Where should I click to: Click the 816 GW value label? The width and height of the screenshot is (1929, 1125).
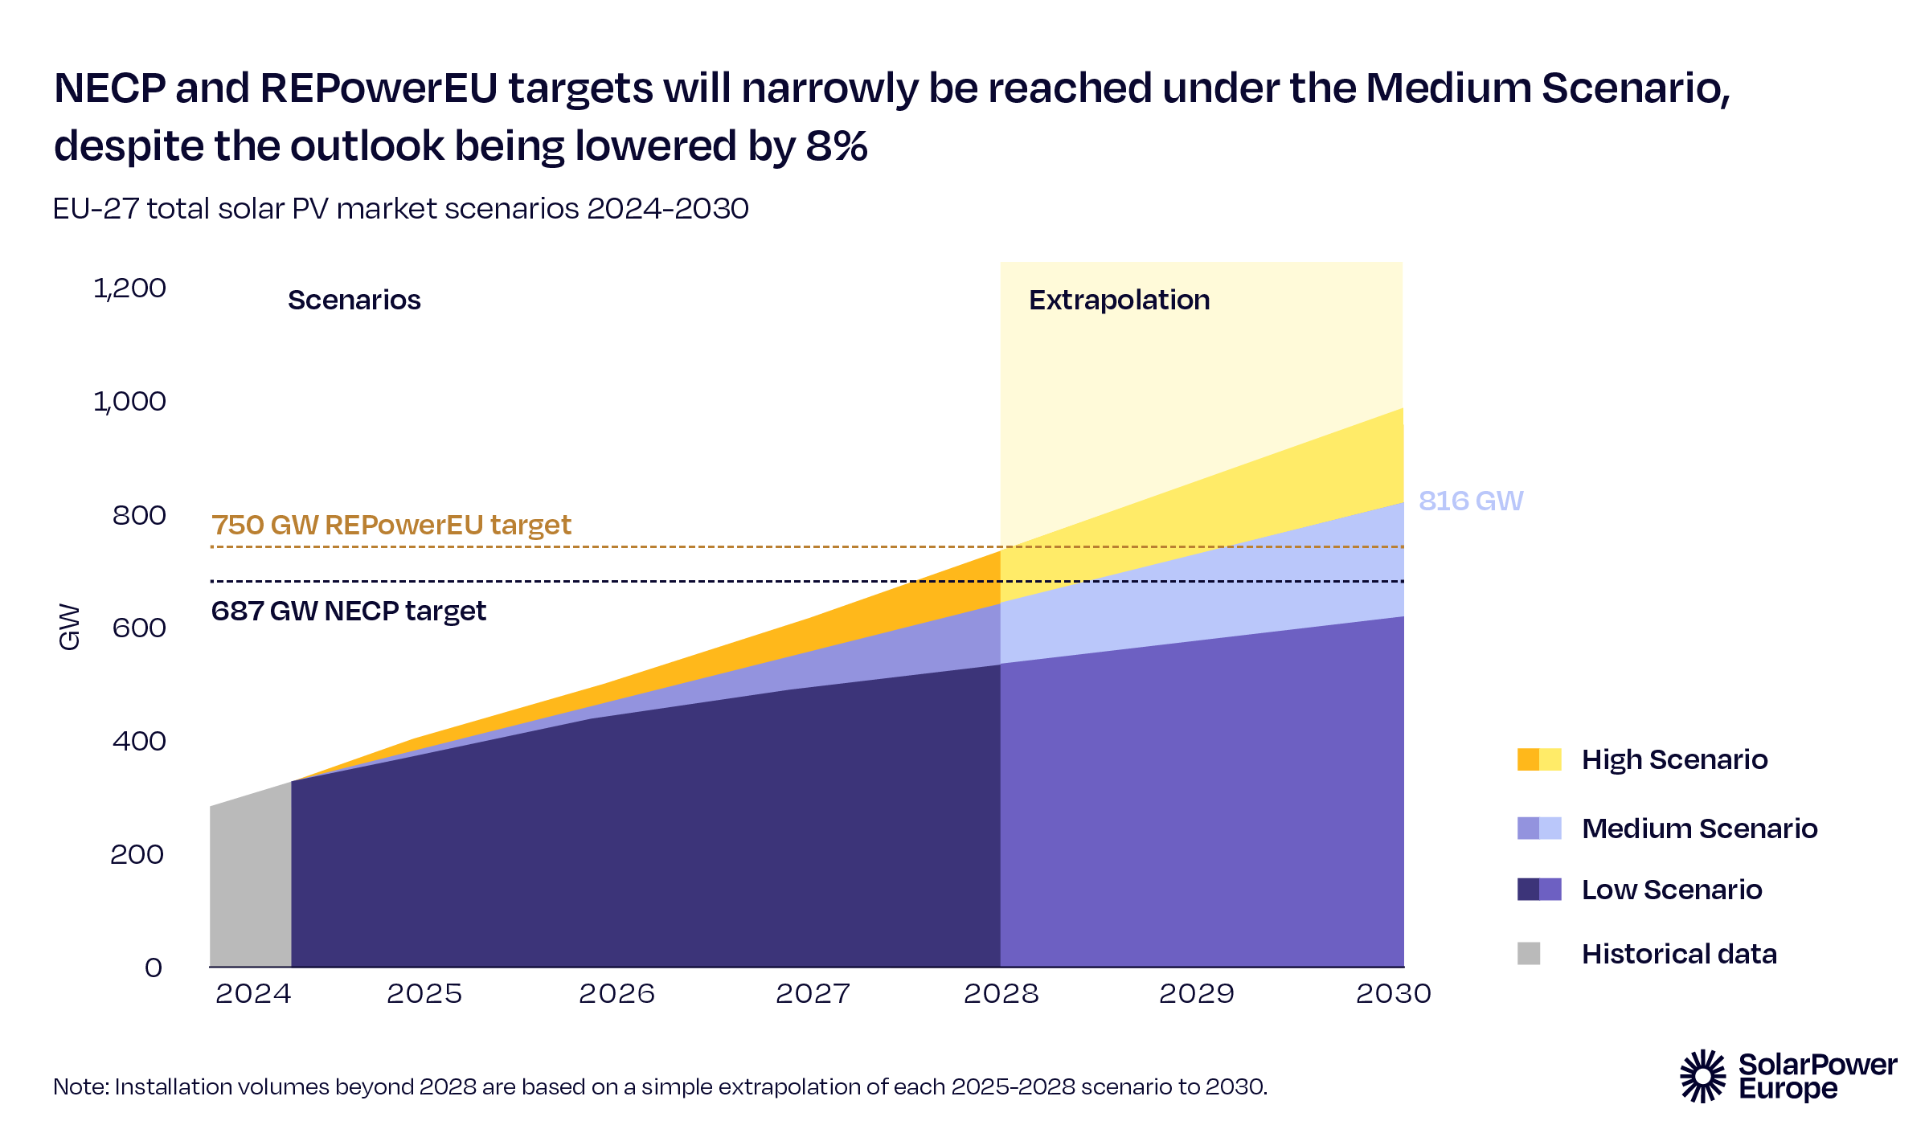point(1470,501)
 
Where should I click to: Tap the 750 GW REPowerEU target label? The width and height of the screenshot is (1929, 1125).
point(391,525)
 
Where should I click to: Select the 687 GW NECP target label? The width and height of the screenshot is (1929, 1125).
point(348,611)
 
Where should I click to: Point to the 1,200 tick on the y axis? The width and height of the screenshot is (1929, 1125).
point(130,288)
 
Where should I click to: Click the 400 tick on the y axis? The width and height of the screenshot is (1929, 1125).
point(139,740)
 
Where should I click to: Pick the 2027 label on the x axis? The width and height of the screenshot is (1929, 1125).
point(813,994)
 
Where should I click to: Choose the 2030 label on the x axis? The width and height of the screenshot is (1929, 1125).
point(1393,994)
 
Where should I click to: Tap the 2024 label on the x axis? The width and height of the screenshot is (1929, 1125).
point(253,994)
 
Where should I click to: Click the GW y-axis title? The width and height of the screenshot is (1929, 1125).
point(70,627)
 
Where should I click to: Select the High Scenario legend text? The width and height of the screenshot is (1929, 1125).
point(1674,759)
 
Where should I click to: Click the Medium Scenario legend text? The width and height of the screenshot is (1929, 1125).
point(1699,828)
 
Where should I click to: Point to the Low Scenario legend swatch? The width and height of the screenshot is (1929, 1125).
point(1538,890)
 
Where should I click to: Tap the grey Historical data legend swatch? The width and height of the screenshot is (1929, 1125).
point(1528,954)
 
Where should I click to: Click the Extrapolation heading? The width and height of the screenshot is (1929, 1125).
point(1119,300)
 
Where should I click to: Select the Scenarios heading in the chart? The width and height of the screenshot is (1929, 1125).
point(354,300)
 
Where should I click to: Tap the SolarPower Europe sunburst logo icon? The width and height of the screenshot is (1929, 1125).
point(1702,1076)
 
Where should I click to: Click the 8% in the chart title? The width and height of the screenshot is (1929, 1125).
point(836,146)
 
